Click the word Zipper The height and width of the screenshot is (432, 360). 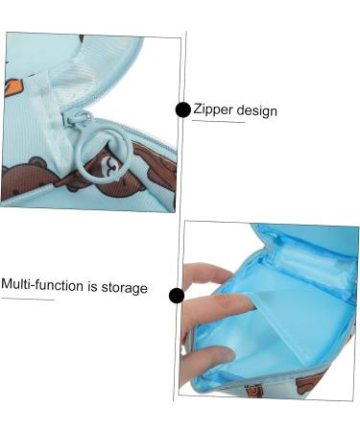pyautogui.click(x=213, y=109)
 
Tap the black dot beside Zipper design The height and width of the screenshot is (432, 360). pyautogui.click(x=182, y=109)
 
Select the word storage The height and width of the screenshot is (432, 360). pyautogui.click(x=125, y=287)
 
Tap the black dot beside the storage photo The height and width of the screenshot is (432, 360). pyautogui.click(x=176, y=295)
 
